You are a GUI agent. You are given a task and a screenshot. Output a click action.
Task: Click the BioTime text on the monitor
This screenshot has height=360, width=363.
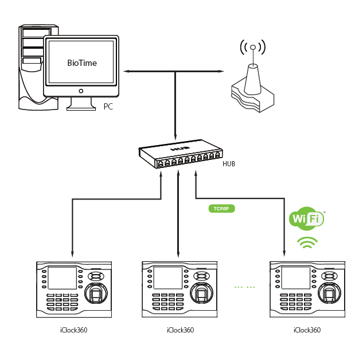click(82, 63)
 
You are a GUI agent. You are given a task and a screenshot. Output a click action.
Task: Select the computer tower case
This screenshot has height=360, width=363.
click(32, 66)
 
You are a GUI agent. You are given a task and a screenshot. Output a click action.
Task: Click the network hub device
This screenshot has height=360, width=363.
click(180, 155)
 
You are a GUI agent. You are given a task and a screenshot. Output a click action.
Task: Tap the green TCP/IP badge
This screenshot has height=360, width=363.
click(221, 209)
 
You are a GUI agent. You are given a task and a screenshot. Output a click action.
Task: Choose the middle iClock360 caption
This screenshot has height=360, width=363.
click(180, 330)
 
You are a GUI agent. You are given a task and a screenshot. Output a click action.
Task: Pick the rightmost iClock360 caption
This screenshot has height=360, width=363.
click(307, 330)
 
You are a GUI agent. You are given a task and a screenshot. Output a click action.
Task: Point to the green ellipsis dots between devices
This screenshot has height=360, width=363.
click(245, 285)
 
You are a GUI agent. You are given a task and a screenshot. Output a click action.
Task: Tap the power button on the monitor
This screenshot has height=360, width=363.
click(81, 91)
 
